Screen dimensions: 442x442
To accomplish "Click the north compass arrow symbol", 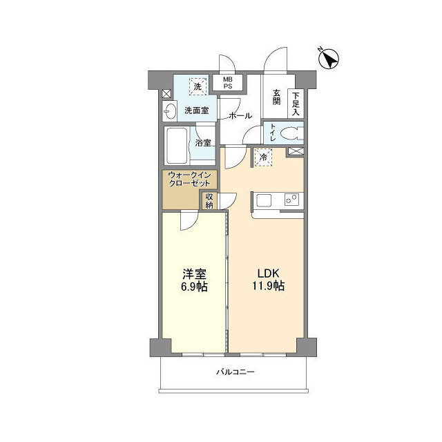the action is point(328,59).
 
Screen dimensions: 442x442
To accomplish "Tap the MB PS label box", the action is point(228,83).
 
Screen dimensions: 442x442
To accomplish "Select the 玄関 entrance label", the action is point(276,97).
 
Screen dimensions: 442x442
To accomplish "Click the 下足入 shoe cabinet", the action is point(296,104).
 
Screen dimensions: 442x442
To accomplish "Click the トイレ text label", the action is point(273,133).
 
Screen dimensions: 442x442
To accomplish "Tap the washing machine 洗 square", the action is point(198,86).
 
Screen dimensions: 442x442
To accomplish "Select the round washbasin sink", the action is point(171,110).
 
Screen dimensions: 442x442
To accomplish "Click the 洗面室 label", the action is point(197,110).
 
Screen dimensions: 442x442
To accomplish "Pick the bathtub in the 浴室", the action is point(177,146).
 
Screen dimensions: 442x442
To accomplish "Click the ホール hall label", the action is point(240,115).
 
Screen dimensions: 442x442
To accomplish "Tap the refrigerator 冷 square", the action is point(263,157).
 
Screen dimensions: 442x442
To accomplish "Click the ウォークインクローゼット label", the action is point(189,179).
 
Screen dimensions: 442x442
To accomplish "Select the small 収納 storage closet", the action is point(209,201).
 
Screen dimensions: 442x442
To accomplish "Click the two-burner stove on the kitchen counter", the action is point(291,200).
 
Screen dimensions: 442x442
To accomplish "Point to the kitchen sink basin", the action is point(264,200).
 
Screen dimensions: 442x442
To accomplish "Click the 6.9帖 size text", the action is point(194,287).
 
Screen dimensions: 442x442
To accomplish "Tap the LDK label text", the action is point(268,273).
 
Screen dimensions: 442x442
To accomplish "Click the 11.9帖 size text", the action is point(268,286).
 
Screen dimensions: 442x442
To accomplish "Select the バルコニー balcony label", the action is point(236,372).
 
